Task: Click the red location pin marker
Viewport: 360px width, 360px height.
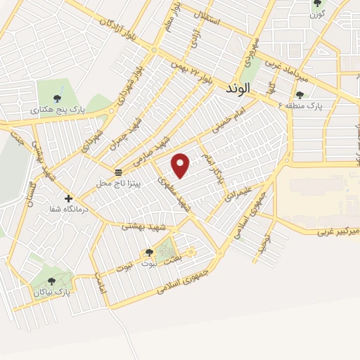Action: click(181, 165)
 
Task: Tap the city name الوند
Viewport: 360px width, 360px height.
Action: click(240, 89)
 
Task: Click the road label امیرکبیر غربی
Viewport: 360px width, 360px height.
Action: click(337, 230)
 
